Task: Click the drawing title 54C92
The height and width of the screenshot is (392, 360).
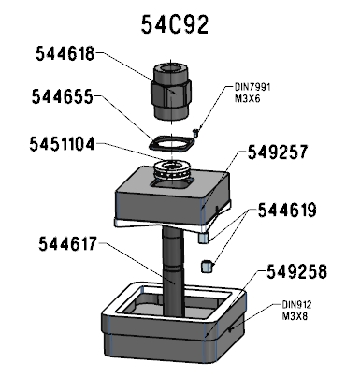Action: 175,24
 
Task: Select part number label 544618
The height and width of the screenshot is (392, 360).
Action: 65,53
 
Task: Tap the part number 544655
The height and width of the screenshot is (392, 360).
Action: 63,96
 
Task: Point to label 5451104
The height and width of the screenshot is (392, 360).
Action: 62,144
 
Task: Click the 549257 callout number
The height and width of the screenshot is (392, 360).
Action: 278,152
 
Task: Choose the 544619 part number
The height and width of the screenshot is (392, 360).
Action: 287,211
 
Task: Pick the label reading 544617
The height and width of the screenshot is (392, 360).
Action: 67,243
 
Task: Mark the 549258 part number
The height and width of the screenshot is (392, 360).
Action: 296,272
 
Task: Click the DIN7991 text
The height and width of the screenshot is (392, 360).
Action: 252,87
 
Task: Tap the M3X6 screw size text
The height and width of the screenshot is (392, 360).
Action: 247,99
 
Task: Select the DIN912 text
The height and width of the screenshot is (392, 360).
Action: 296,304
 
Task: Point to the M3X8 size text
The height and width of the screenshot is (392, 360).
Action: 295,316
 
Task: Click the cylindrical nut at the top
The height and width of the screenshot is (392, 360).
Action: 171,92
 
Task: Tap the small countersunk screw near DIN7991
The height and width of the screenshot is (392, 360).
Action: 195,133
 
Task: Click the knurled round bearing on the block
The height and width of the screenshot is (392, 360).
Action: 172,169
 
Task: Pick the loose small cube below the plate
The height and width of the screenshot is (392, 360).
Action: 207,267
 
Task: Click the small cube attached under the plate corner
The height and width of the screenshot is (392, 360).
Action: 203,238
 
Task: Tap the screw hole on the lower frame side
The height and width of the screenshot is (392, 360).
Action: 230,328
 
